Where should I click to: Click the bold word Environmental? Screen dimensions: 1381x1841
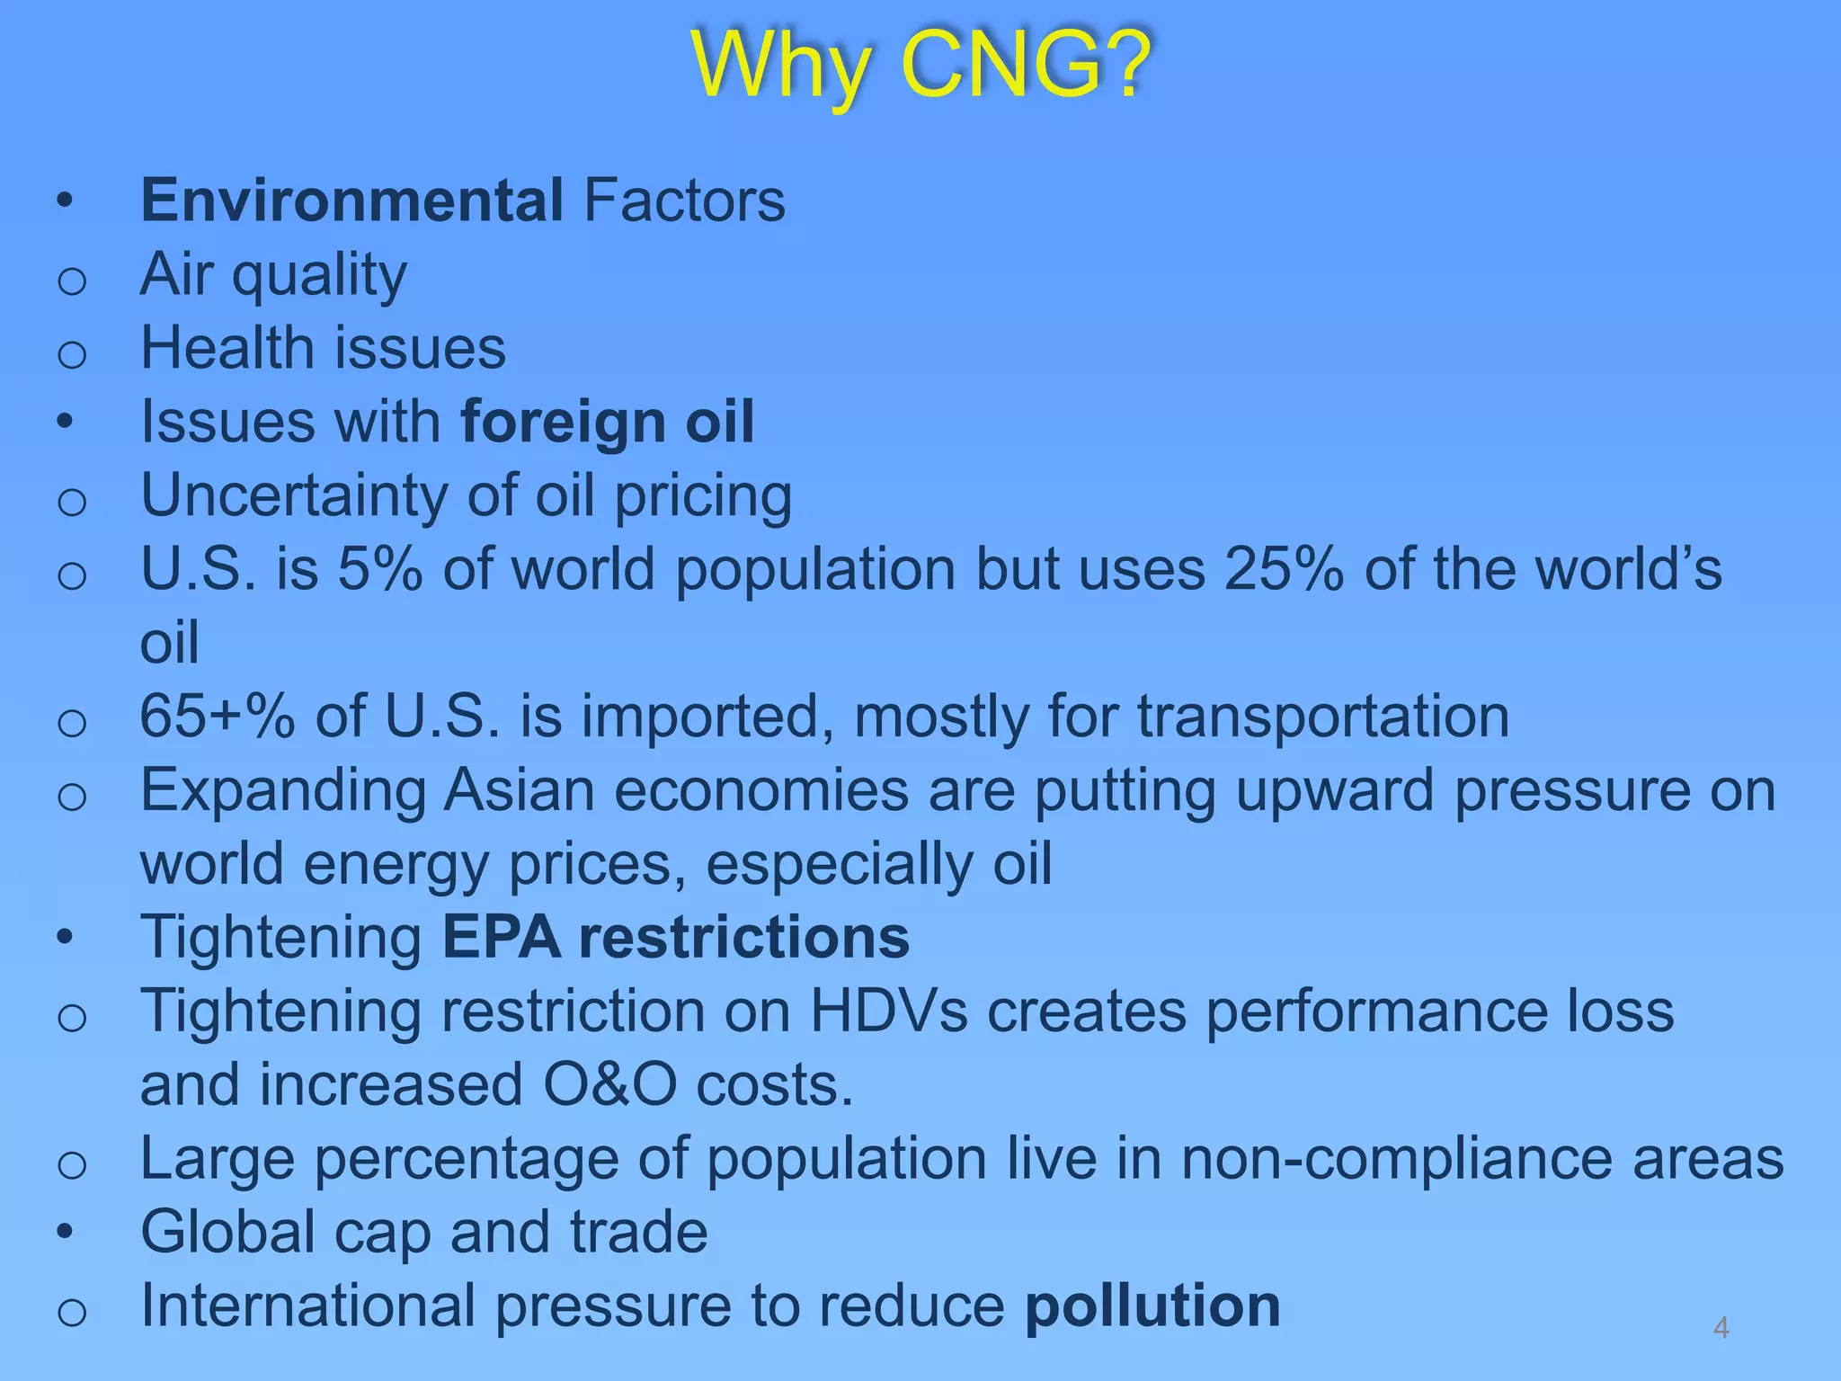coord(351,200)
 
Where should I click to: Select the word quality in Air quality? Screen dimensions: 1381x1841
coord(319,275)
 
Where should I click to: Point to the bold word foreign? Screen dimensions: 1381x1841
coord(563,422)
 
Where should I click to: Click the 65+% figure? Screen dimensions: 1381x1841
coord(217,717)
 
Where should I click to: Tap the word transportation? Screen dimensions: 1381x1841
coord(1322,717)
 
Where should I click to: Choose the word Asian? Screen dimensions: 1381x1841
coord(519,790)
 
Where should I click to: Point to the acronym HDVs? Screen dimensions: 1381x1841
coord(889,1011)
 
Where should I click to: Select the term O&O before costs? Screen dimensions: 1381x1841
coord(609,1085)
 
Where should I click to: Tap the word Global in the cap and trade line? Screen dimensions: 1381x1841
coord(227,1233)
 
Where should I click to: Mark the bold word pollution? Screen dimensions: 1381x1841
coord(1152,1306)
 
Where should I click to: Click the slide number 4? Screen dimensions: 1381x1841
coord(1721,1327)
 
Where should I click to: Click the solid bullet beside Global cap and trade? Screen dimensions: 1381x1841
coord(64,1232)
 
